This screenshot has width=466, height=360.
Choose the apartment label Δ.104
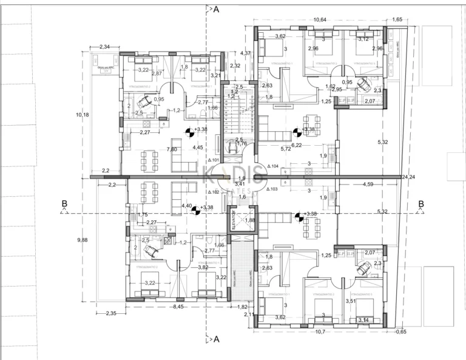(x=272, y=166)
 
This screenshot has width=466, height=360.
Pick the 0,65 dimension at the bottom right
(x=400, y=331)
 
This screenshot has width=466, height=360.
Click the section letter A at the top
(x=215, y=9)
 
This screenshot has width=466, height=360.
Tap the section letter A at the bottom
(x=215, y=340)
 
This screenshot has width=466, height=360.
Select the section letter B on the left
(x=63, y=203)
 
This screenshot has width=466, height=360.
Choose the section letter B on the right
(x=420, y=203)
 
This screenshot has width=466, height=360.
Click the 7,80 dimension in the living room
(x=172, y=149)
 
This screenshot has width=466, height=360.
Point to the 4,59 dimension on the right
(x=368, y=183)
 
